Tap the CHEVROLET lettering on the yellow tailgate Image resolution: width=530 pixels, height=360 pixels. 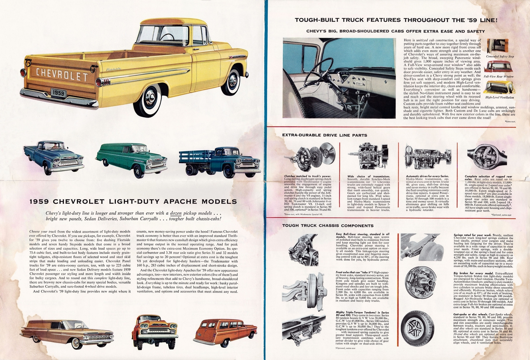coord(62,75)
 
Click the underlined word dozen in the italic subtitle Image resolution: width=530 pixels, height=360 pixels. coord(178,213)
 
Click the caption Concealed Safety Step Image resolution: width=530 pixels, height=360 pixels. coord(500,57)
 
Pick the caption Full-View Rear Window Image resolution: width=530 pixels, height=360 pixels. coord(499,77)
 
